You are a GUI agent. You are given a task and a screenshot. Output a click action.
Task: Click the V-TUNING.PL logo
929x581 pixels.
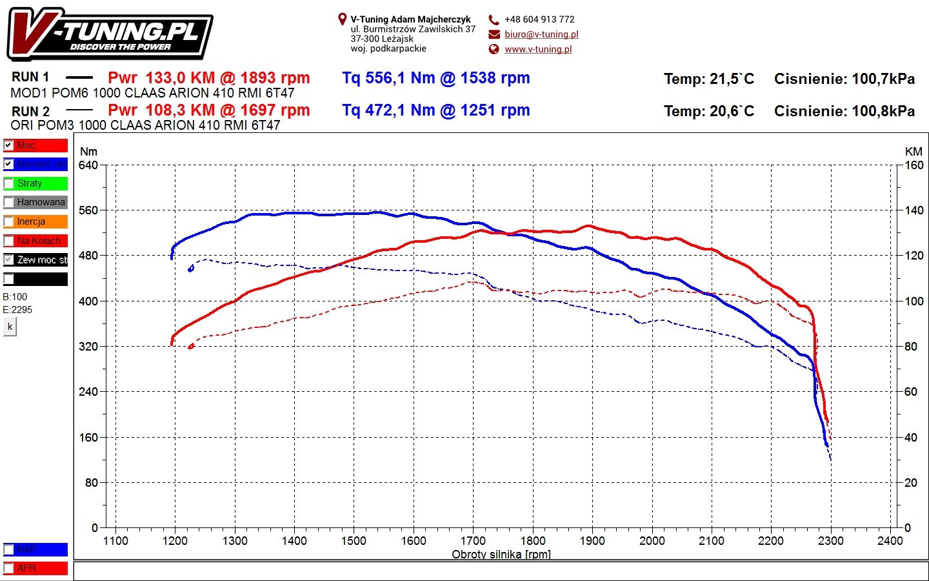click(x=110, y=34)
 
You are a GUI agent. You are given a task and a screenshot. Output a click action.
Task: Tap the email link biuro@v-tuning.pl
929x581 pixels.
click(x=541, y=34)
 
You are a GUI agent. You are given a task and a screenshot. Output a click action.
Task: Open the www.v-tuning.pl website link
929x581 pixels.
click(x=538, y=49)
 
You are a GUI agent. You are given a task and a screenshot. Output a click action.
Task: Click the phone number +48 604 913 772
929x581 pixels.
click(x=539, y=19)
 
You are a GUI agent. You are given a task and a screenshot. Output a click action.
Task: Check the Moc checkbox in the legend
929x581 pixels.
click(x=9, y=145)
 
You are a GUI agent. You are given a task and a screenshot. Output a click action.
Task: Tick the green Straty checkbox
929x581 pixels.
click(x=9, y=183)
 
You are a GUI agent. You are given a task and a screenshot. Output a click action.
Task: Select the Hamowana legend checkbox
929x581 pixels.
click(x=9, y=202)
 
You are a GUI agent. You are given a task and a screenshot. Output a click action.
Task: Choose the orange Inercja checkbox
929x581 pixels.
click(x=9, y=221)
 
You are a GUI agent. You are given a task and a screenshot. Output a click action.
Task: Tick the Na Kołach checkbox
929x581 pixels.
click(x=9, y=241)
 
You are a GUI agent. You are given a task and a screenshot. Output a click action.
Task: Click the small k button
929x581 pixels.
click(x=10, y=327)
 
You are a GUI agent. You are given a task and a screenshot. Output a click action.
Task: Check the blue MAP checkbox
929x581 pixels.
click(x=9, y=549)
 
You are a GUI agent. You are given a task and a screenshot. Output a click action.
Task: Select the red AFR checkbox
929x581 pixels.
click(x=9, y=568)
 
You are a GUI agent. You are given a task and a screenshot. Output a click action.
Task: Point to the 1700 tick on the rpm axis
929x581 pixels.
click(x=473, y=540)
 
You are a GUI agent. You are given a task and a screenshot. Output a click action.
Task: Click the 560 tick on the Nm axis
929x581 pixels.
click(x=88, y=210)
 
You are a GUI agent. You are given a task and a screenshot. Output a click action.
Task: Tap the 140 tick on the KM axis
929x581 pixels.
click(x=914, y=210)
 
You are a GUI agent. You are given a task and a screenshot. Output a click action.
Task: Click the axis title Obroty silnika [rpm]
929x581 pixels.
click(x=501, y=554)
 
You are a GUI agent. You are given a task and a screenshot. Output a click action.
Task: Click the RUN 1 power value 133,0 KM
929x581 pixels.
click(x=180, y=78)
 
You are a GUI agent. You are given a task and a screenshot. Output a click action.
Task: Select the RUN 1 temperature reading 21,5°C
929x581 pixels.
click(x=732, y=79)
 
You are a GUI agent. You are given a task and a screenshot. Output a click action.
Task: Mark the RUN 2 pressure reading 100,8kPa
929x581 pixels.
click(x=883, y=111)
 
